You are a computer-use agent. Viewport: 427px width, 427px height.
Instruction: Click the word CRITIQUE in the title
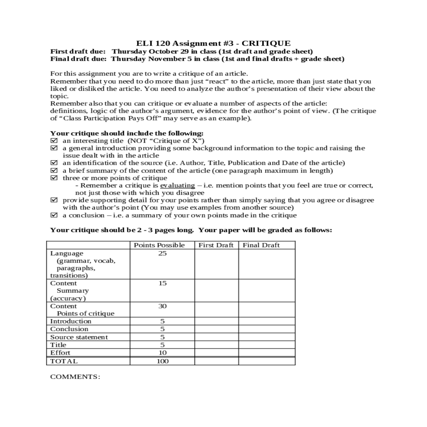[x=266, y=43]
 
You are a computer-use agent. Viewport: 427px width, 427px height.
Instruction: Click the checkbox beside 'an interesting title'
[x=54, y=141]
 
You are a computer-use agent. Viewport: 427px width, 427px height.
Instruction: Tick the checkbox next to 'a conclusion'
[x=54, y=215]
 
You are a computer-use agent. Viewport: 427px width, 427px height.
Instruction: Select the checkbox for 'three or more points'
[x=54, y=178]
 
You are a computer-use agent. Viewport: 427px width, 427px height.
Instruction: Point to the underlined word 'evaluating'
[x=178, y=185]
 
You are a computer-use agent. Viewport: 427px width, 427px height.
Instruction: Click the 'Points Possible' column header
[x=159, y=245]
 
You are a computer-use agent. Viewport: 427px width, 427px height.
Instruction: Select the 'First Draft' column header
[x=216, y=245]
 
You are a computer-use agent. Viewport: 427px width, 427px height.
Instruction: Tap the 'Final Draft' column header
[x=261, y=245]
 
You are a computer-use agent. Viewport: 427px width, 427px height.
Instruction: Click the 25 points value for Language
[x=162, y=253]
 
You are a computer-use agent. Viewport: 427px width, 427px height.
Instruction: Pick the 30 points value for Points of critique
[x=162, y=306]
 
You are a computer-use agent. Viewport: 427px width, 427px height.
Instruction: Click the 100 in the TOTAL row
[x=162, y=361]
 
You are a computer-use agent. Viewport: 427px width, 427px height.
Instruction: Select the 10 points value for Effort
[x=162, y=353]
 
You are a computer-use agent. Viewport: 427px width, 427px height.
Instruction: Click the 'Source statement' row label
[x=79, y=337]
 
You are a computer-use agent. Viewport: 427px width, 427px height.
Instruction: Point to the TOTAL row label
[x=64, y=361]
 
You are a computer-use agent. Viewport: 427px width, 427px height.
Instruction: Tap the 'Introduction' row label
[x=71, y=321]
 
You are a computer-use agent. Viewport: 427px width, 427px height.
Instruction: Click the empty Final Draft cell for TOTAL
[x=267, y=361]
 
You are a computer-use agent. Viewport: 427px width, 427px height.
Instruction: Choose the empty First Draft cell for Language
[x=216, y=264]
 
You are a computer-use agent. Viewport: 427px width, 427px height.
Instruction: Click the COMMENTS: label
[x=75, y=377]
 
